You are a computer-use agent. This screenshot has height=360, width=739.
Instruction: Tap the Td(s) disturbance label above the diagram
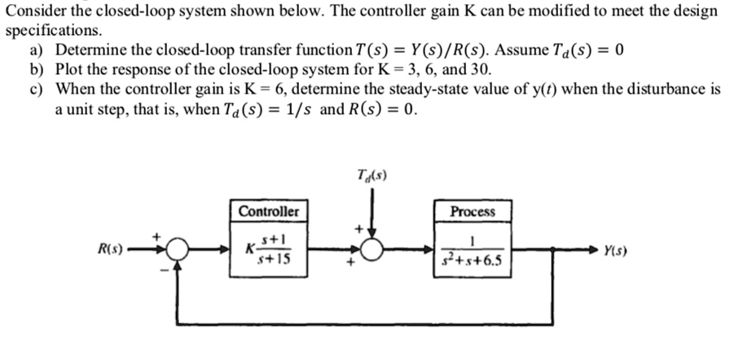pos(372,173)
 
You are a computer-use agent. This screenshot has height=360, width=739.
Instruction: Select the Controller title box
pos(268,212)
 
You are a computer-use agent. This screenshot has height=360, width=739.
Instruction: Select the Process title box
pos(473,212)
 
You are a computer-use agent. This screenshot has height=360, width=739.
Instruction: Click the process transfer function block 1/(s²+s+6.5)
pos(473,250)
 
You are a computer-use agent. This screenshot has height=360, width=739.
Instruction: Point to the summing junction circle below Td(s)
pos(372,250)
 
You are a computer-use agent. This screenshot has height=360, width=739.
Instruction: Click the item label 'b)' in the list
pos(37,68)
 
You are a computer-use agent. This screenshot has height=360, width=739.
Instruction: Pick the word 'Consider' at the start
pos(32,11)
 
